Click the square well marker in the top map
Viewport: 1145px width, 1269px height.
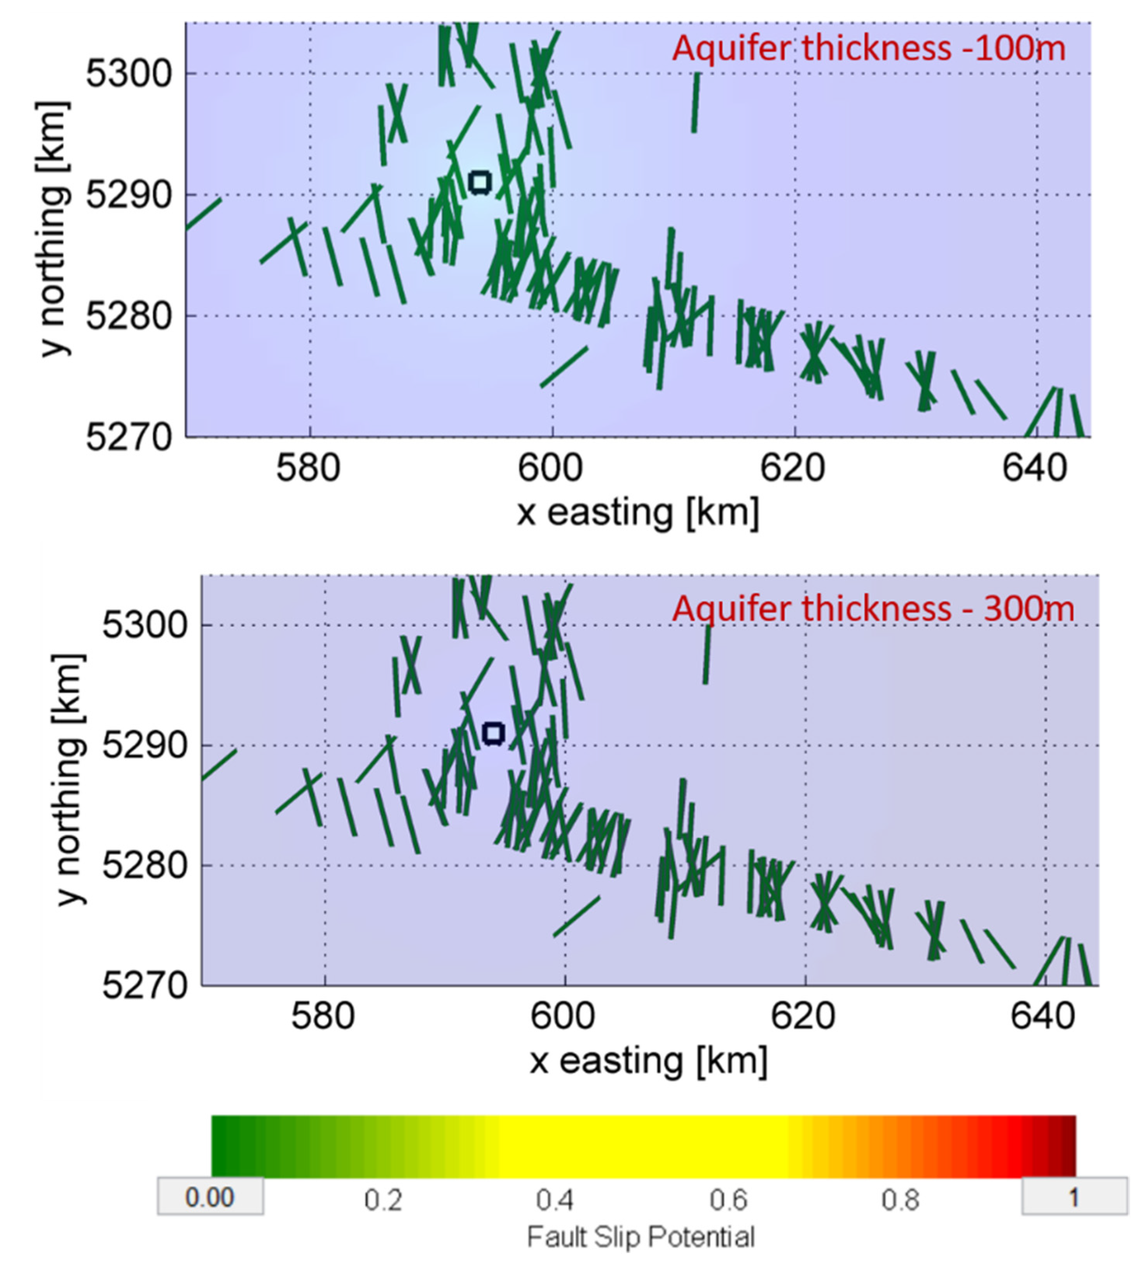tap(480, 182)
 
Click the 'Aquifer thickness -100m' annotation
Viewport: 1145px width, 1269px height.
tap(869, 49)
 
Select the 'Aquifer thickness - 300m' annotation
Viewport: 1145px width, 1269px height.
tap(873, 609)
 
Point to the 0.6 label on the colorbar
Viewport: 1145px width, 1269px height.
tap(728, 1201)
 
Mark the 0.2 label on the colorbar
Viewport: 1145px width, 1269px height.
tap(383, 1201)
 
